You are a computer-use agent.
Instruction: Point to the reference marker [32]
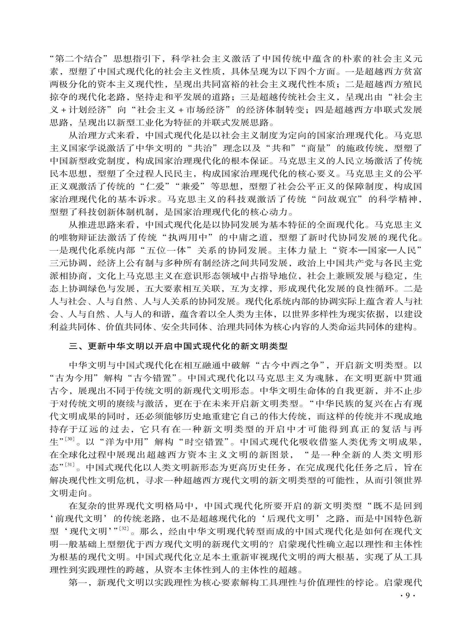(x=125, y=528)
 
